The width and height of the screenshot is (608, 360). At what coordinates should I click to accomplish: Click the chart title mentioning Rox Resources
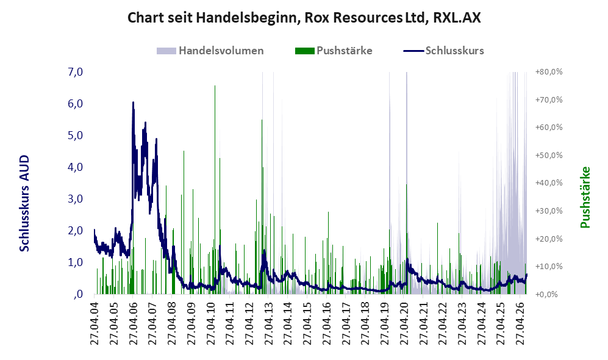[x=304, y=18]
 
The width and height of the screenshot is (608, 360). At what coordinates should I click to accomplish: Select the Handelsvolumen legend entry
[x=210, y=51]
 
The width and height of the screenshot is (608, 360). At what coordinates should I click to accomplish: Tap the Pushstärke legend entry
[x=334, y=51]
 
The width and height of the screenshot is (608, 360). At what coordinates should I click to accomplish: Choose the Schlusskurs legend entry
[x=443, y=51]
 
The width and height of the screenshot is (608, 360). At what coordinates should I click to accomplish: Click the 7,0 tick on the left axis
[x=75, y=72]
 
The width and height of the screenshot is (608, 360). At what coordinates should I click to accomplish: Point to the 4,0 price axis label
[x=75, y=167]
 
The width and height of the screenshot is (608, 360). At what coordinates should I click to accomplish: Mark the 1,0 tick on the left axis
[x=75, y=262]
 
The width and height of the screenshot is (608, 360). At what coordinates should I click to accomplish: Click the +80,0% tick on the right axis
[x=549, y=72]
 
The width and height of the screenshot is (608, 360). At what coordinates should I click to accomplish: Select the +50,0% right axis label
[x=549, y=155]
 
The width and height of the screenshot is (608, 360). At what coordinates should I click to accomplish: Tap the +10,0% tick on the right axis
[x=549, y=267]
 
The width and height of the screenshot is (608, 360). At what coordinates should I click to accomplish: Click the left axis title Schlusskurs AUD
[x=24, y=203]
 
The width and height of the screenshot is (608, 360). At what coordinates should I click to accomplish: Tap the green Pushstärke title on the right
[x=585, y=198]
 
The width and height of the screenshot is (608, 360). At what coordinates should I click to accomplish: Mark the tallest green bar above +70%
[x=215, y=190]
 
